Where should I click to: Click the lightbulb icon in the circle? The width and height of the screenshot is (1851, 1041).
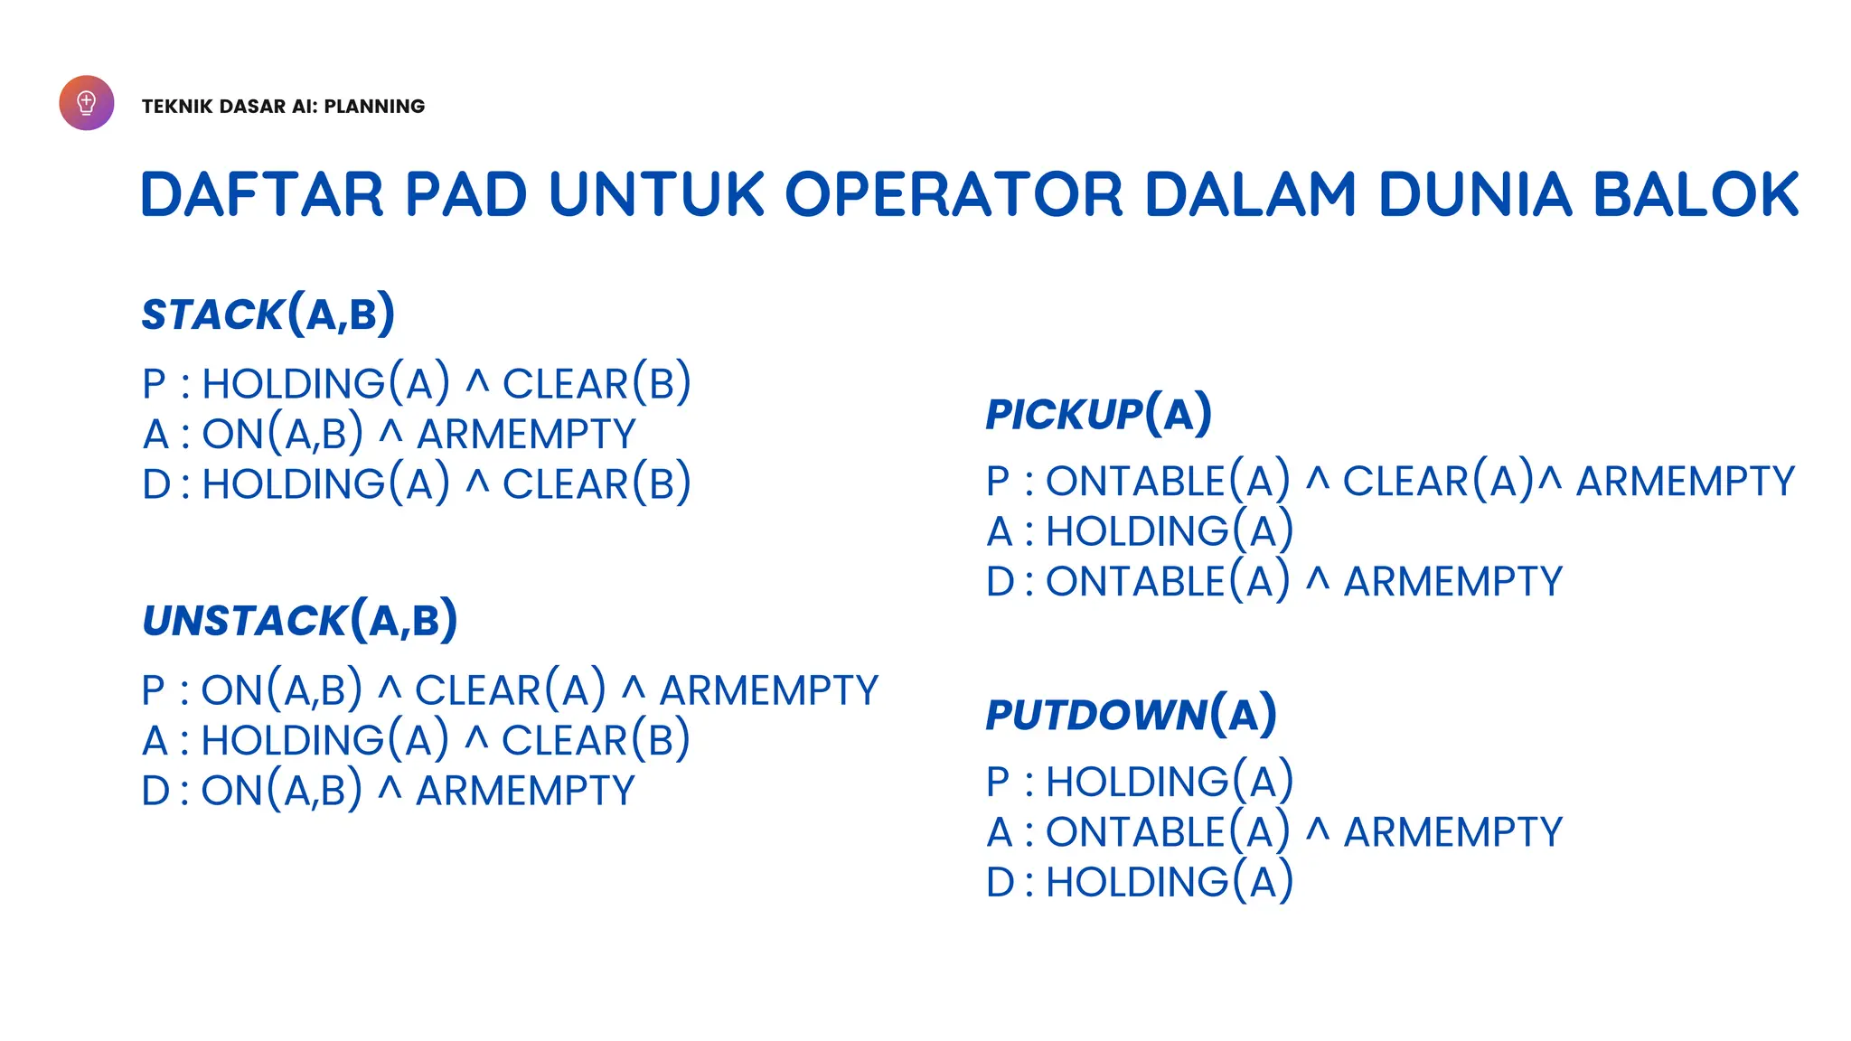[x=87, y=103]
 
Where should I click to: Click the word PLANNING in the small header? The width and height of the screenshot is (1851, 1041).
[x=374, y=107]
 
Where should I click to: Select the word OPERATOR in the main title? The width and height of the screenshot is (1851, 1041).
[x=954, y=195]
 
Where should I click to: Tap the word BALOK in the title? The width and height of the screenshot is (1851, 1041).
[x=1695, y=195]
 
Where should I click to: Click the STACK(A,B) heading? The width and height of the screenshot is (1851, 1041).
[x=268, y=314]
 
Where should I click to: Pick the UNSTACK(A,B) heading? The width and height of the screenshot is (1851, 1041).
[x=300, y=620]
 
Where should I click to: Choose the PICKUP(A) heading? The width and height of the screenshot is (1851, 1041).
[x=1098, y=414]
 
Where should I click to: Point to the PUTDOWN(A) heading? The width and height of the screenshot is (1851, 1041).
[x=1131, y=714]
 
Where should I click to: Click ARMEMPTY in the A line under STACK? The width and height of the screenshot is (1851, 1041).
[x=526, y=435]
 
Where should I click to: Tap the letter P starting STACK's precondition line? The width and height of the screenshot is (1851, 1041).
[x=154, y=384]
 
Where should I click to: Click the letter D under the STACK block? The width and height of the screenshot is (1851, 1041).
[x=155, y=484]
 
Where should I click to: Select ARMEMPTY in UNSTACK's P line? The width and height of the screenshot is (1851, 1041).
[x=768, y=691]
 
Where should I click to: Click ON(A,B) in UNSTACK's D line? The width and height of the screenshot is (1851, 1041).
[x=281, y=791]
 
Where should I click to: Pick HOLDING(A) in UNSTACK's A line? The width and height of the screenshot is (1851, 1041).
[x=324, y=741]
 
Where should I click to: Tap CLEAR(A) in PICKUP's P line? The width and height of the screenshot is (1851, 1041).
[x=1438, y=481]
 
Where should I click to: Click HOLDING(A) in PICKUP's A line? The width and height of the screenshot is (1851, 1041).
[x=1169, y=531]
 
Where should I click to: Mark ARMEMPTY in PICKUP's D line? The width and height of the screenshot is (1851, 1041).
[x=1452, y=582]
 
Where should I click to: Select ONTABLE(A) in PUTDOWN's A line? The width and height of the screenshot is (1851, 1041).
[x=1167, y=832]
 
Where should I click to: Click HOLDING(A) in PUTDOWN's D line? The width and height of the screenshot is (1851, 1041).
[x=1169, y=882]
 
